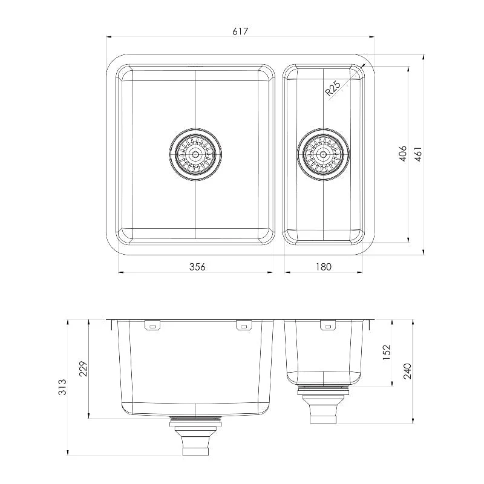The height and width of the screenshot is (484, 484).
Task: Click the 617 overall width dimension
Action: [x=240, y=31]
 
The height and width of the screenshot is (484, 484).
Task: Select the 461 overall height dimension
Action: [x=417, y=154]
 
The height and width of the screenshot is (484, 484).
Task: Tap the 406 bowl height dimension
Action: [x=403, y=154]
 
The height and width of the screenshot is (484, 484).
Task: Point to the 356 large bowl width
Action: [x=197, y=267]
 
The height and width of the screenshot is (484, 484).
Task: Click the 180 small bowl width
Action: [x=323, y=267]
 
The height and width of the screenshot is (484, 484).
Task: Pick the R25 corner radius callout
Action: [x=333, y=88]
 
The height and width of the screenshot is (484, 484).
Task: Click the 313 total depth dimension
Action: [x=62, y=387]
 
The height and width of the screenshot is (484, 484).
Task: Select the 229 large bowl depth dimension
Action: [x=83, y=368]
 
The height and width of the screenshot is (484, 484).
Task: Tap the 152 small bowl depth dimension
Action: [x=387, y=353]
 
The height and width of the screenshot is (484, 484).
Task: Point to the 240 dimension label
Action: [x=407, y=371]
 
